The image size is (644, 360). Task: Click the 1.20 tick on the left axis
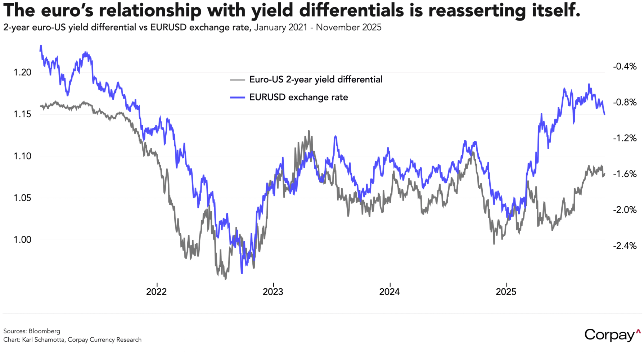(x=22, y=72)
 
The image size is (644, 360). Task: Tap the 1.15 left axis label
(x=22, y=114)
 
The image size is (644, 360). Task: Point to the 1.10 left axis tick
(x=22, y=156)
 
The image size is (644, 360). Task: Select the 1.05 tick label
(x=22, y=198)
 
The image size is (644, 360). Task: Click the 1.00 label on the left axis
(x=22, y=239)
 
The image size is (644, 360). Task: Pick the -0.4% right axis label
(x=625, y=66)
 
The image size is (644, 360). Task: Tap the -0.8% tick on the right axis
(x=625, y=102)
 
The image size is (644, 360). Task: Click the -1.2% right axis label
(x=625, y=138)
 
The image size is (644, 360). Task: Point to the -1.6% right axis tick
(x=625, y=174)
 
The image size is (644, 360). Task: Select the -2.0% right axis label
(x=625, y=210)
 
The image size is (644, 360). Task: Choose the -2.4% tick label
(x=625, y=246)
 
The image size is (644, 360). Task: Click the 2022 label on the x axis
(x=156, y=292)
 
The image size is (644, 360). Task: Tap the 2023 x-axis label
(x=273, y=292)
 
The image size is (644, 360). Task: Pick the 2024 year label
(x=389, y=292)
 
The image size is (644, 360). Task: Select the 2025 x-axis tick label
(x=506, y=292)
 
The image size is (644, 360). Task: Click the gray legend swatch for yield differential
(x=237, y=80)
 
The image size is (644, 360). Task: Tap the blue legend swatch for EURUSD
(x=237, y=97)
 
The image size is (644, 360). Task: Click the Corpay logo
(x=612, y=335)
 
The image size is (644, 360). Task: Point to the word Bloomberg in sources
(x=44, y=331)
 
